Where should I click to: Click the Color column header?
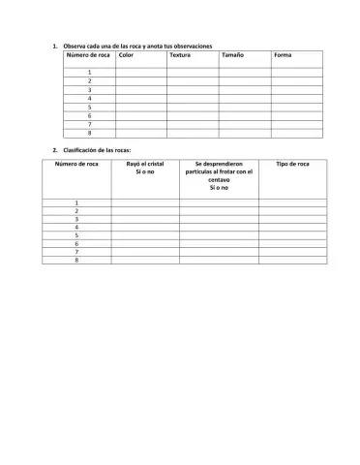point(125,55)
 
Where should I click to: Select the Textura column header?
point(179,55)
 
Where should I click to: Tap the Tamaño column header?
point(231,55)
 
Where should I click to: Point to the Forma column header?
point(283,55)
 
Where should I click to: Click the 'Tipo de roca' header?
point(292,165)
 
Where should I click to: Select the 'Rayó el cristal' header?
point(145,169)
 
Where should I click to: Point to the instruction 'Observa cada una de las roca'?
point(136,46)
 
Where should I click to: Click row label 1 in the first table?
point(89,73)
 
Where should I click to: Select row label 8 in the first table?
point(89,133)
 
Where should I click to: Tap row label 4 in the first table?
point(89,99)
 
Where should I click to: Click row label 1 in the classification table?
point(76,202)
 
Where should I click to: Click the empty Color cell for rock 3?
point(139,90)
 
